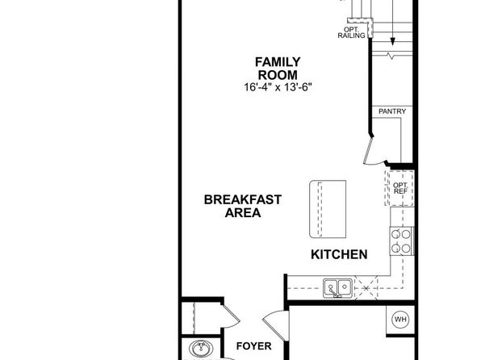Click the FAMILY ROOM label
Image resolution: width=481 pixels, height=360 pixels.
click(278, 69)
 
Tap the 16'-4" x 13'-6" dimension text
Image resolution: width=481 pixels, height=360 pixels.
click(278, 87)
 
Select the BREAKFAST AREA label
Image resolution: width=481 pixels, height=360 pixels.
click(243, 206)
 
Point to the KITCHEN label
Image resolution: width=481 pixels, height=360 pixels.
click(339, 254)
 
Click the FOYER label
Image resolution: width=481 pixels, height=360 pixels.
click(253, 346)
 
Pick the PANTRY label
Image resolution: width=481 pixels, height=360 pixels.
click(392, 111)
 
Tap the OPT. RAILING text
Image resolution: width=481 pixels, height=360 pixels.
click(352, 32)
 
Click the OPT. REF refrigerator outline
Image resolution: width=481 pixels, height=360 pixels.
click(399, 188)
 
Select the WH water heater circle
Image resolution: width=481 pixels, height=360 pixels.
click(400, 320)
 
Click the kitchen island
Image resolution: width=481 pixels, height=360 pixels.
click(328, 209)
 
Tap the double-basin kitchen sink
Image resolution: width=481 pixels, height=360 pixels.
click(337, 288)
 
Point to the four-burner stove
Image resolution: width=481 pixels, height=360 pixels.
click(402, 241)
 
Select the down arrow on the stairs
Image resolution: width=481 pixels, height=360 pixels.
click(392, 23)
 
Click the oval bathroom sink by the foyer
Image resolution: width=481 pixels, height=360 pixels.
click(201, 349)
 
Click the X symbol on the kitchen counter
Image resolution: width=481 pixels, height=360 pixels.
click(366, 288)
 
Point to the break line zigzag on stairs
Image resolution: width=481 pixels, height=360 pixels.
click(391, 56)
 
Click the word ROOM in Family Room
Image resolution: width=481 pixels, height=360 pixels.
click(278, 75)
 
